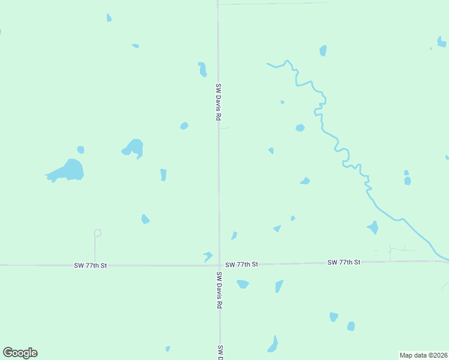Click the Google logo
(x=20, y=353)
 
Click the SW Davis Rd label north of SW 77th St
(x=219, y=103)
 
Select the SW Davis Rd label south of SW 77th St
(x=219, y=290)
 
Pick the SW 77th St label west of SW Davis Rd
(x=91, y=265)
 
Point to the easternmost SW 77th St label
(x=344, y=262)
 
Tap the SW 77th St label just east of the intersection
(x=242, y=264)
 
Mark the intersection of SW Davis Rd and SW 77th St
(x=219, y=265)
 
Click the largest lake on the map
(x=67, y=170)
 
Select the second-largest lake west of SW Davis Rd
(x=133, y=148)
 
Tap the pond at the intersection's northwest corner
(x=208, y=256)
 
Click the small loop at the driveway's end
(x=97, y=233)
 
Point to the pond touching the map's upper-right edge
(x=441, y=41)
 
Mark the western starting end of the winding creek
(x=268, y=63)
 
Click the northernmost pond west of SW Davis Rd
(x=109, y=17)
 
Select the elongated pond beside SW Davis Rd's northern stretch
(x=203, y=69)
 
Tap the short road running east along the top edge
(x=272, y=4)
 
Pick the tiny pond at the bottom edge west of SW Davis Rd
(x=167, y=349)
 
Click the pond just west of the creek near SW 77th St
(x=373, y=227)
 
